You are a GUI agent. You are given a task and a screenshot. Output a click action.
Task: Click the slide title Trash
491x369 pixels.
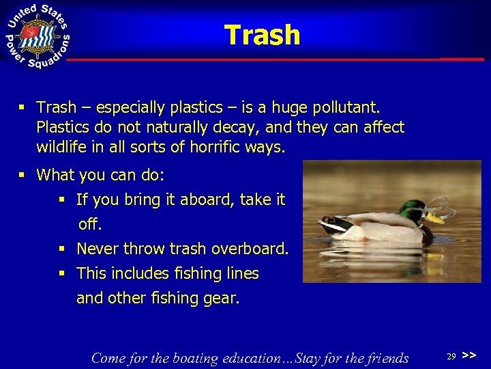(x=262, y=35)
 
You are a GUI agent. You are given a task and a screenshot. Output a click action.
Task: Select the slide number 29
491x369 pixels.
(x=451, y=357)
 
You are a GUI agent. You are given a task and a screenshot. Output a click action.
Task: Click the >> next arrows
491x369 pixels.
(x=468, y=356)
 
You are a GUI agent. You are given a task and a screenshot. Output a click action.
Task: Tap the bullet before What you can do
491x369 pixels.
(x=23, y=176)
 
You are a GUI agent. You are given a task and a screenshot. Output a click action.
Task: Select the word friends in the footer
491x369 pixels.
(x=385, y=358)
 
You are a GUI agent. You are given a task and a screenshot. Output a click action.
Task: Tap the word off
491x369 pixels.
(x=89, y=224)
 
